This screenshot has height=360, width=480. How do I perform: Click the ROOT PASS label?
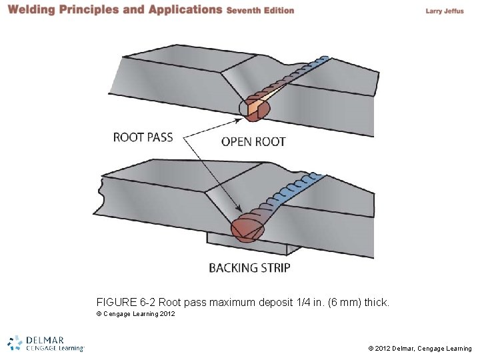tap(143, 137)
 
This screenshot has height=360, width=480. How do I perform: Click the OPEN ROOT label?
tap(253, 141)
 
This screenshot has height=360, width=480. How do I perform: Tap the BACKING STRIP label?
tap(249, 268)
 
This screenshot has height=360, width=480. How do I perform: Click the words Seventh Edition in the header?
tap(260, 11)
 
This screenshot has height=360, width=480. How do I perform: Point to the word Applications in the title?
tap(183, 10)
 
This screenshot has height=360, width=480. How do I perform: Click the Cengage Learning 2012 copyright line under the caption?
tap(136, 314)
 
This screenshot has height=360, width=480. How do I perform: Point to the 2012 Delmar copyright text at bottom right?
tap(420, 348)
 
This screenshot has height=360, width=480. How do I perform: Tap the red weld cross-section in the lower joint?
tap(247, 228)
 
